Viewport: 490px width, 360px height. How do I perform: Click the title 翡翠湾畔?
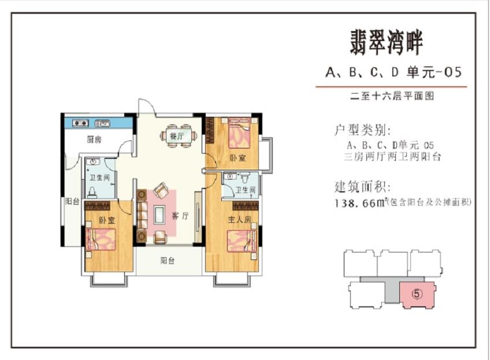386,43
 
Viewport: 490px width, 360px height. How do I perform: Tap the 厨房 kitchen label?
94,139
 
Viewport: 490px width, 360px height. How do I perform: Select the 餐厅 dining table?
179,136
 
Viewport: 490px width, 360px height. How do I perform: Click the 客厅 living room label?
181,216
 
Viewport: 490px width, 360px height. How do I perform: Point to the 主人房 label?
239,220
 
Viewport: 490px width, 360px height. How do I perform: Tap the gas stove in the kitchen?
81,123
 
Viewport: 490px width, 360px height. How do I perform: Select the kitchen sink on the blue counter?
102,124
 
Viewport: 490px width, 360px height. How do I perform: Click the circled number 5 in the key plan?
417,294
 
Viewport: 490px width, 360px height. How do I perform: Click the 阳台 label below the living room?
168,261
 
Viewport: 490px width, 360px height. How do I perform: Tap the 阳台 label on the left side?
72,202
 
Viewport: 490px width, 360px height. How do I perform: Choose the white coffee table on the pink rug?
159,215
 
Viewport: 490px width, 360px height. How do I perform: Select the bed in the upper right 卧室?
239,132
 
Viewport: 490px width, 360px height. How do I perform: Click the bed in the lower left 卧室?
101,239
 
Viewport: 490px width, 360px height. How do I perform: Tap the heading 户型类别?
362,130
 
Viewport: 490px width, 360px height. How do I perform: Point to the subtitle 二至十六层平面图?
392,96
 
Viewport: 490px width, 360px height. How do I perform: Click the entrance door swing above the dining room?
146,107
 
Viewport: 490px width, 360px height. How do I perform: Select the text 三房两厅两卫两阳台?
392,156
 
